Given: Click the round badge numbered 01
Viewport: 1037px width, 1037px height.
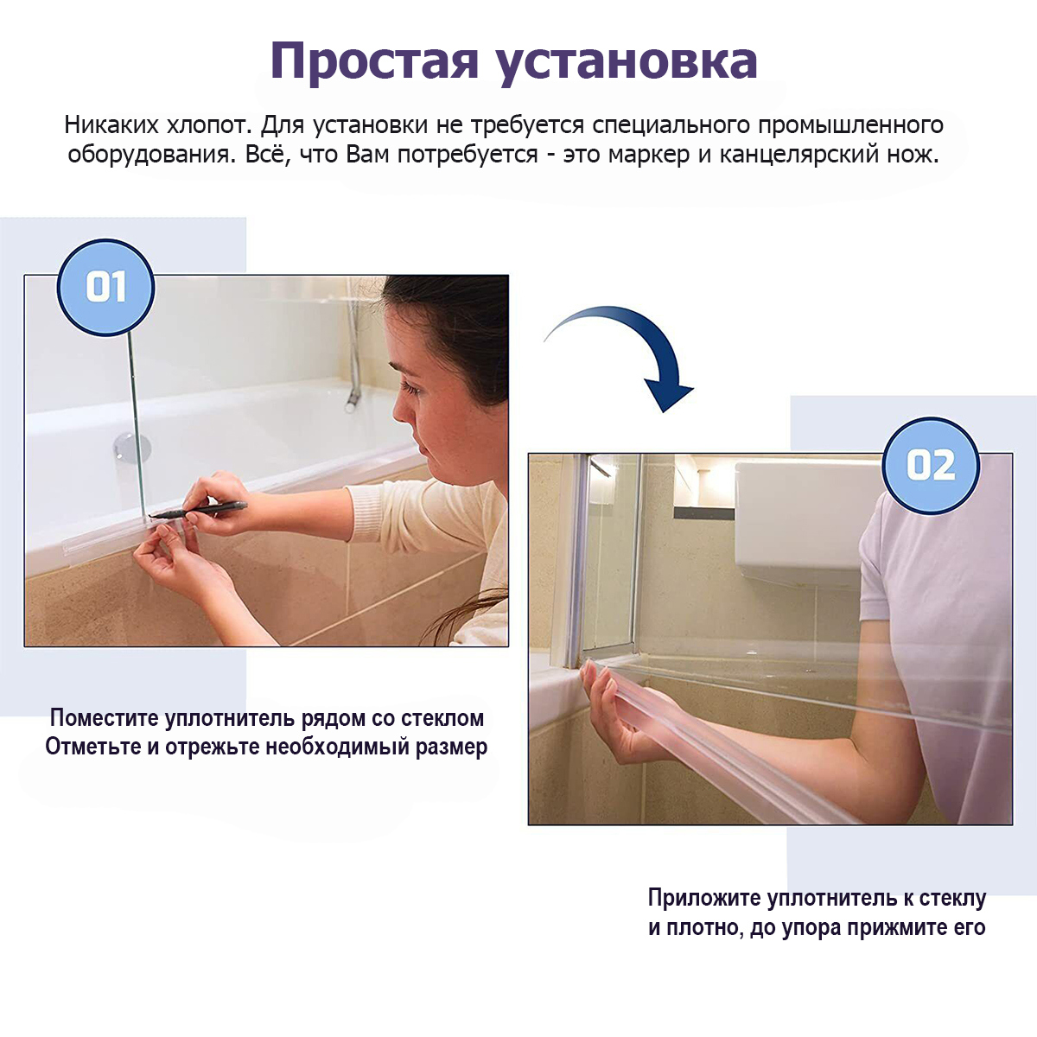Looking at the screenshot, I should pyautogui.click(x=105, y=288).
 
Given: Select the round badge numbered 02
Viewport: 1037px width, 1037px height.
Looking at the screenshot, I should pyautogui.click(x=931, y=466).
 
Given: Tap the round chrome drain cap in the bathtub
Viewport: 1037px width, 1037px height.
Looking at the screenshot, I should pyautogui.click(x=130, y=448).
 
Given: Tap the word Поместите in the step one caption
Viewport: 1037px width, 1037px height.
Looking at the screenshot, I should pyautogui.click(x=104, y=717).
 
